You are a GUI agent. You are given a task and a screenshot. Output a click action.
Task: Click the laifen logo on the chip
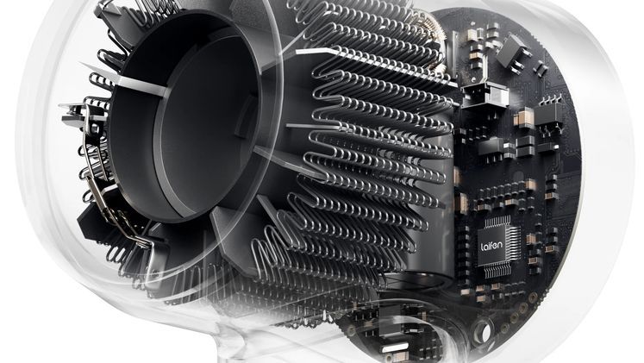click(x=491, y=246)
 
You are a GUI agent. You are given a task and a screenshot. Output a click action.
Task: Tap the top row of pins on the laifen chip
click(x=497, y=222)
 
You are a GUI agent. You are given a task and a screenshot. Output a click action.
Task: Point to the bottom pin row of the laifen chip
click(x=497, y=270)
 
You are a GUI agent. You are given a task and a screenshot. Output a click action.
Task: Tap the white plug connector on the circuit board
click(x=485, y=96)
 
